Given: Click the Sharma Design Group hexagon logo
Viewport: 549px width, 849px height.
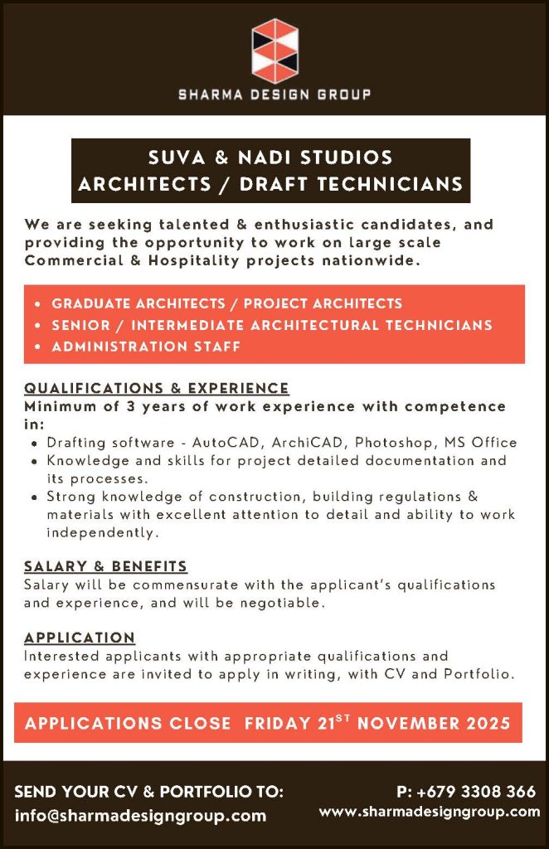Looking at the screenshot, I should click(274, 50).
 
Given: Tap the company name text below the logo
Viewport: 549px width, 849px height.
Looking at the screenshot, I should click(274, 95).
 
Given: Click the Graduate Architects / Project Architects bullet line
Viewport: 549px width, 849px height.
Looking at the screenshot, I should click(226, 303).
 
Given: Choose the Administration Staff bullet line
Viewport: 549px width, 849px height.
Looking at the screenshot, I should click(146, 347).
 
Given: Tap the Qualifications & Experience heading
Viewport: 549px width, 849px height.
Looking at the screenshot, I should click(157, 388).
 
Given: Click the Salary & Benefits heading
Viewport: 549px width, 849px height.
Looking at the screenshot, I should click(105, 566).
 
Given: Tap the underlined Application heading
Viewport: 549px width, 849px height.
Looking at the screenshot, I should click(80, 638).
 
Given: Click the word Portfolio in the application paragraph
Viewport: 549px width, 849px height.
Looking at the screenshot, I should click(479, 674).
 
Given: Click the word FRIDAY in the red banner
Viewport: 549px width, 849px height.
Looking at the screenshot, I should click(277, 723).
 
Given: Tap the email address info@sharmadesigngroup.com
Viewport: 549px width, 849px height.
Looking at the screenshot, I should click(140, 815).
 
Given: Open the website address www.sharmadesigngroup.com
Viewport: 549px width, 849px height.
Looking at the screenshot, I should click(430, 813).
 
